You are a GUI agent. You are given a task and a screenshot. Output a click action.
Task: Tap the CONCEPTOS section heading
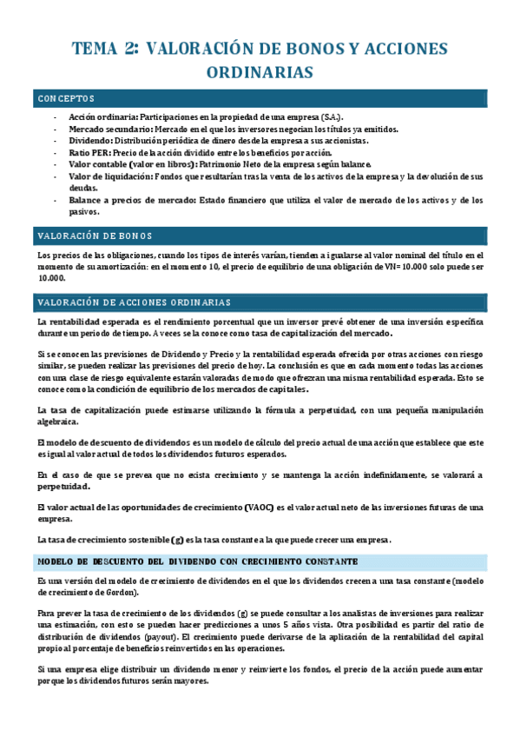pyautogui.click(x=66, y=98)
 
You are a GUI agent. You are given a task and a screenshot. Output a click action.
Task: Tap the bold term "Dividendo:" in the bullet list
pyautogui.click(x=90, y=141)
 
